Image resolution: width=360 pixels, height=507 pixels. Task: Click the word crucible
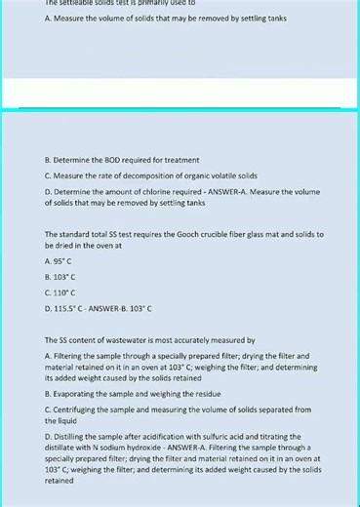coord(233,234)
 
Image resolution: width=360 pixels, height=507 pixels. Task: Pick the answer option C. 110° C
coord(60,292)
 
